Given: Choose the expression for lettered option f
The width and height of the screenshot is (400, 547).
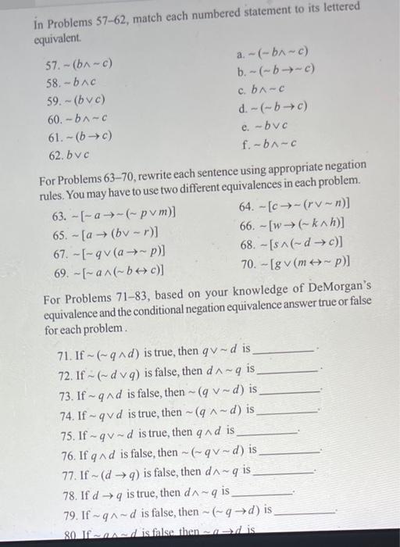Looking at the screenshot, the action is tap(273, 144).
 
